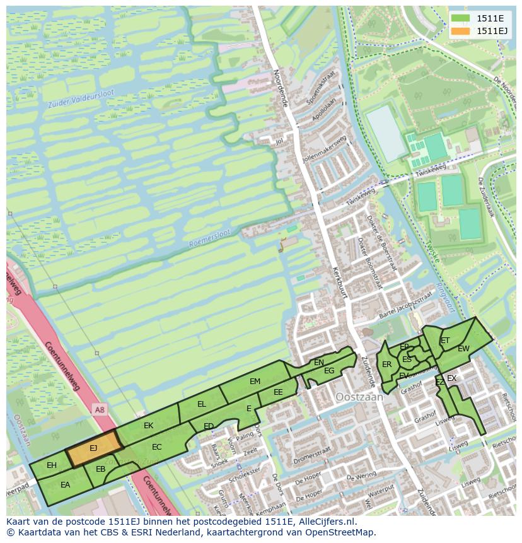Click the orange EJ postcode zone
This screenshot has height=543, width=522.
(93, 448)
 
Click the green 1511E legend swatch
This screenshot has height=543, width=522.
(460, 18)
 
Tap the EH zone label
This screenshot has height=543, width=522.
(52, 465)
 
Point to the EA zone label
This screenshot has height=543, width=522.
(66, 485)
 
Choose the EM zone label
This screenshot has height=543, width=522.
(255, 382)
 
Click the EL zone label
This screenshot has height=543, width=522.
(202, 404)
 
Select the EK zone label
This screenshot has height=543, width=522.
(149, 426)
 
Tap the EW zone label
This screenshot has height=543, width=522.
(463, 349)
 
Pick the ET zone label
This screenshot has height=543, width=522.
(445, 341)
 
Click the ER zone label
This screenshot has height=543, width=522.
(386, 365)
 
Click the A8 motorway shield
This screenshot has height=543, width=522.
(100, 410)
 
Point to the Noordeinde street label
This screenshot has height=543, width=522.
(280, 88)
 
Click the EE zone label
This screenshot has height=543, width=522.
(278, 392)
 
